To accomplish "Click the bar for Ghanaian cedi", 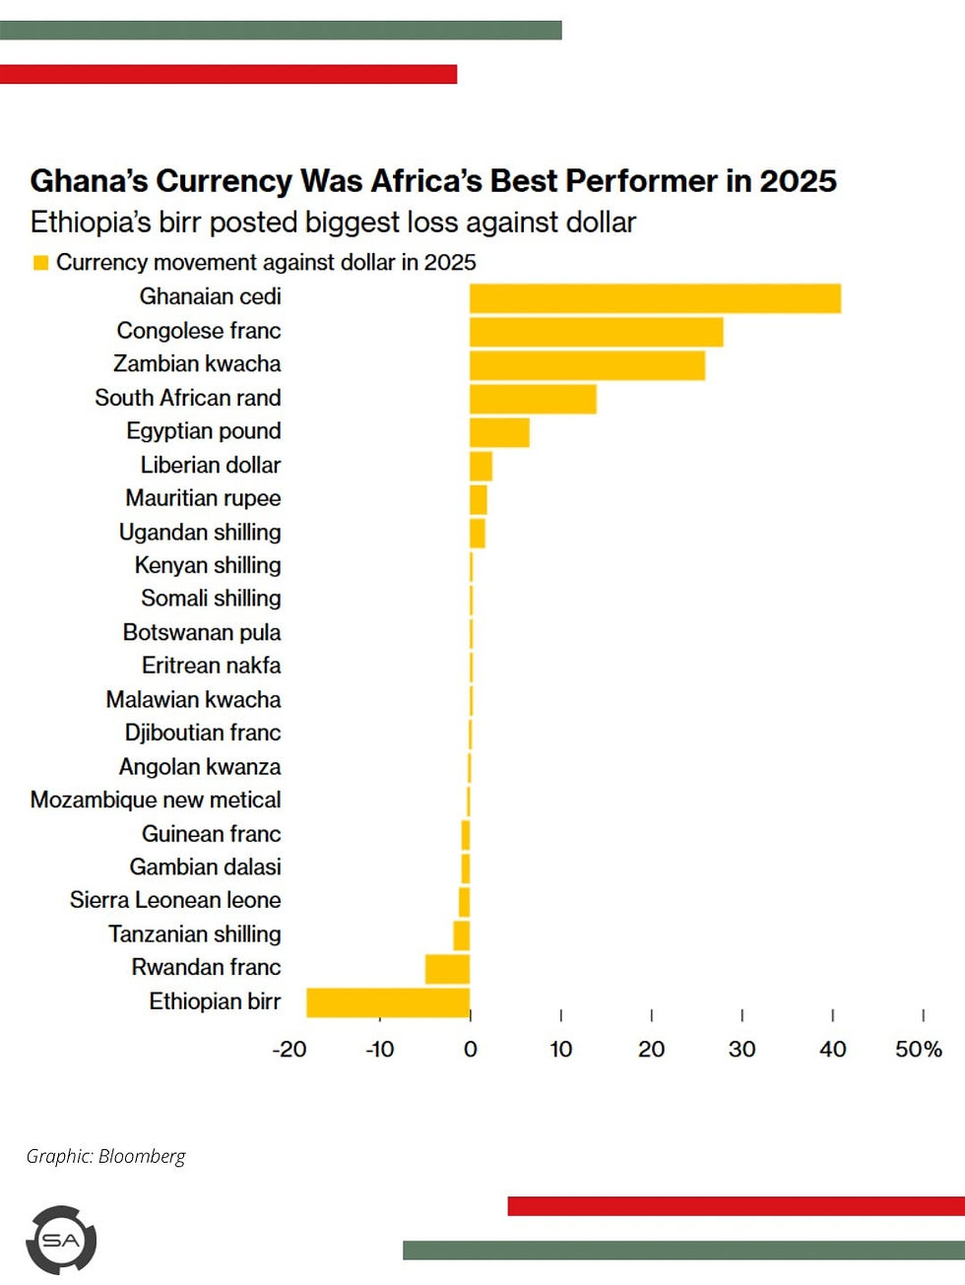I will pos(655,298).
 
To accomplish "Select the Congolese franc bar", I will pos(596,332).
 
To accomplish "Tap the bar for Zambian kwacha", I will pos(587,365).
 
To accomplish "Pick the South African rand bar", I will pos(533,399).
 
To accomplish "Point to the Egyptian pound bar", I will pos(499,432).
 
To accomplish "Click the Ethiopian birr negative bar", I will pos(388,1002).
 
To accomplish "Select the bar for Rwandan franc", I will pos(447,969).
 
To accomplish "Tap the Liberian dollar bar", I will pos(481,466).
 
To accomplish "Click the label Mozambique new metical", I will pos(156,800).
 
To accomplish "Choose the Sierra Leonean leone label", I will pos(175,900).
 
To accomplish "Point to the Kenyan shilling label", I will pos(208,565).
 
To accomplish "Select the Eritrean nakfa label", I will pos(211,666).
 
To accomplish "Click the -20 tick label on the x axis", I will pos(289,1050).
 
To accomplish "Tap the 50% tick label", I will pos(918,1050).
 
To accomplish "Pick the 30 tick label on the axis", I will pos(741,1050).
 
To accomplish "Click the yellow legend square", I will pos(40,263).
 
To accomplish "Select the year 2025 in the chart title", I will pos(798,181).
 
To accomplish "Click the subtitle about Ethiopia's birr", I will pos(333,223).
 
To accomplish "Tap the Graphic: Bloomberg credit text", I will pos(105,1156).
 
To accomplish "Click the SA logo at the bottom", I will pos(61,1241).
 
